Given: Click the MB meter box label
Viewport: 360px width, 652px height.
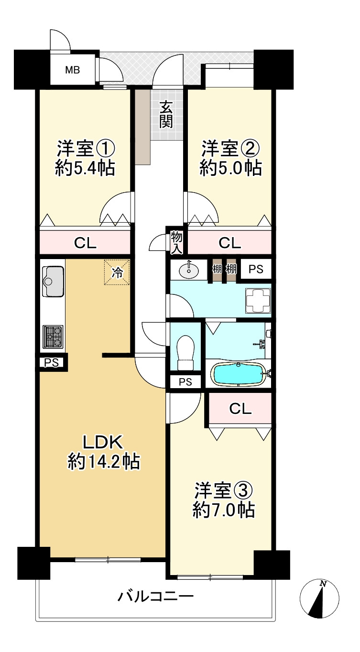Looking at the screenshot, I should point(73,70).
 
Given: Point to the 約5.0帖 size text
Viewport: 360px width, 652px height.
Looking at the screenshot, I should point(230,168).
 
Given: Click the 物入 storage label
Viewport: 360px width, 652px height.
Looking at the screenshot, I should point(176,242).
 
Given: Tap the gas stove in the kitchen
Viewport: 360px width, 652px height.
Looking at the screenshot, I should point(53,336).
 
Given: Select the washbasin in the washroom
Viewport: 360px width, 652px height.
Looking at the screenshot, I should point(189,271).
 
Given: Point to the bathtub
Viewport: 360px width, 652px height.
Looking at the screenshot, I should point(239,374).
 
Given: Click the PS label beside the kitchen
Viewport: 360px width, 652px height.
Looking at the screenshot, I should point(52,362).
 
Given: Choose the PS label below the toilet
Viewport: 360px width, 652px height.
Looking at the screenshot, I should point(185,382).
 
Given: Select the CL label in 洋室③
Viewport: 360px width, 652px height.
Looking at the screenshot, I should point(240,409).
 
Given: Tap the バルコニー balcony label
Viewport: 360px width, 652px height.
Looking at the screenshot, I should point(156,596).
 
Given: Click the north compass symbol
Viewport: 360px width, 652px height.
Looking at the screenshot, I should point(319,598).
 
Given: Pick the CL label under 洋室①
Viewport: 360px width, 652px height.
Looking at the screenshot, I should point(85,243).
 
